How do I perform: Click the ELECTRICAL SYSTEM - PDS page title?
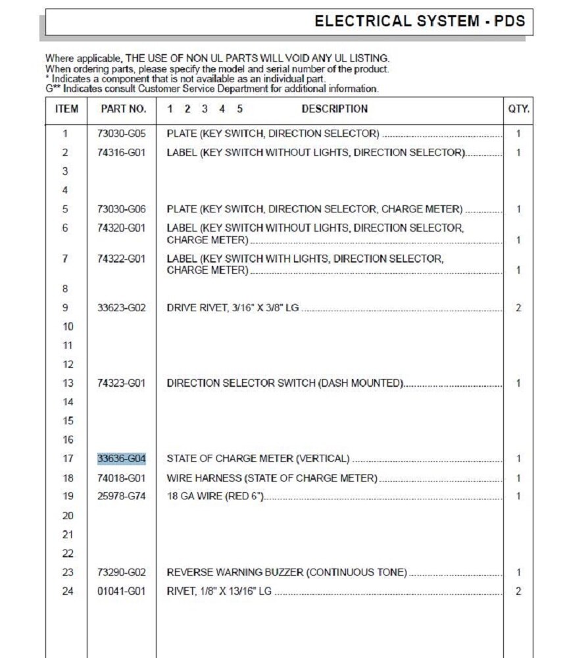[420, 21]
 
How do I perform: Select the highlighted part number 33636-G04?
[122, 459]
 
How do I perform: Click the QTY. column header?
[518, 109]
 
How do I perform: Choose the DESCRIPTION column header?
[334, 109]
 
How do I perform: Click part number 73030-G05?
[122, 134]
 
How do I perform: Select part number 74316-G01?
[122, 153]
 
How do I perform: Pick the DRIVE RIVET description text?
[233, 307]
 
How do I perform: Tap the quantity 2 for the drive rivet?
[518, 307]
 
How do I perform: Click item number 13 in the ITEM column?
[68, 383]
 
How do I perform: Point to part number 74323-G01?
[122, 383]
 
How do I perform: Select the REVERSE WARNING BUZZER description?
[287, 572]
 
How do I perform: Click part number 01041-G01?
[122, 592]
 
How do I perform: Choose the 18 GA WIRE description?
[215, 496]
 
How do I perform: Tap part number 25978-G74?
[122, 496]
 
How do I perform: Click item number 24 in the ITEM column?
[68, 592]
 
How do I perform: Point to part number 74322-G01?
[122, 259]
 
